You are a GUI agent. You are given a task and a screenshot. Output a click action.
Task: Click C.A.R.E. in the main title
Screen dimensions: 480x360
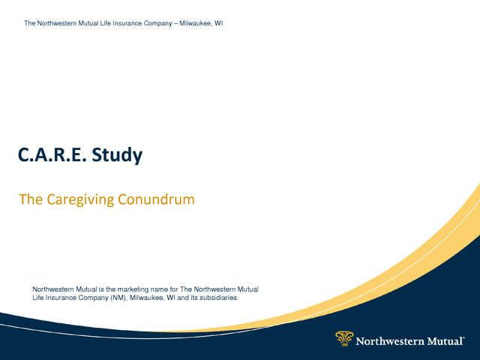point(50,154)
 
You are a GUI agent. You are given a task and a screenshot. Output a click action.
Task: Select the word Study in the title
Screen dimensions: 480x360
point(117,155)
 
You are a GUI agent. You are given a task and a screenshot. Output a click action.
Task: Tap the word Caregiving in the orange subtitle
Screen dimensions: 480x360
point(80,200)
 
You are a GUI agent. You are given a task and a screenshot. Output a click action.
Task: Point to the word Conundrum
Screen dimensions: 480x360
point(156,199)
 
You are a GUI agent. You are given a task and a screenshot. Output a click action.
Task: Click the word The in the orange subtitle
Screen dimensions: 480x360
point(31,199)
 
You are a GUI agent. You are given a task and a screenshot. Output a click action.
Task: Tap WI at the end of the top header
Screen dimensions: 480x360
point(218,23)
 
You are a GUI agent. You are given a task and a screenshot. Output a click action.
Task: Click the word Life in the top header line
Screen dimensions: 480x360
point(106,23)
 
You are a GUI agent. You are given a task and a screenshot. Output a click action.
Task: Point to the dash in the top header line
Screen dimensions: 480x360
point(176,23)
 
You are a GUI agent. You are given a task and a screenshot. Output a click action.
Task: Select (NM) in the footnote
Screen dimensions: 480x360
point(118,298)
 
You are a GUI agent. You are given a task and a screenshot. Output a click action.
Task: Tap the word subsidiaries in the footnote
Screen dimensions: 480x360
point(219,298)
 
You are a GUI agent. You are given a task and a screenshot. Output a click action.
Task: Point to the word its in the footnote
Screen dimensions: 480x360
point(194,298)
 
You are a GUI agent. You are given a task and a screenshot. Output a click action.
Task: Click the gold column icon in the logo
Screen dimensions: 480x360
point(344,338)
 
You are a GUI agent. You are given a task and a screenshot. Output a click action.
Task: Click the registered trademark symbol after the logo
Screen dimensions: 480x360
point(463,338)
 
